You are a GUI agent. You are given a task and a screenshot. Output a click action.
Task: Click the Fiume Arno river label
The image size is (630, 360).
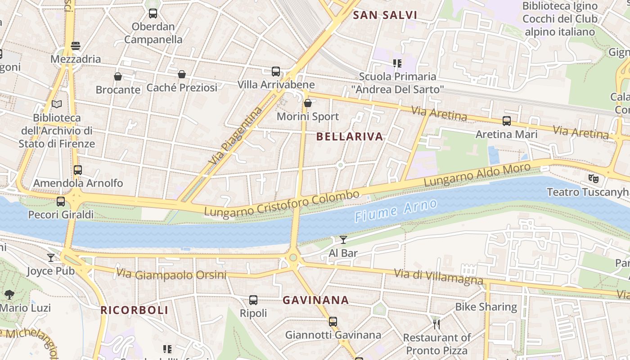(396, 211)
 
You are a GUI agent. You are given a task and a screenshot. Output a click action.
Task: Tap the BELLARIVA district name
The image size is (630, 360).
(350, 137)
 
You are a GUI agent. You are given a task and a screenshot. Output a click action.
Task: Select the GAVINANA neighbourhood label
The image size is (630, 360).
(315, 300)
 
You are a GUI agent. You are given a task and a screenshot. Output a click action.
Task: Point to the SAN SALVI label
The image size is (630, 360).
(385, 15)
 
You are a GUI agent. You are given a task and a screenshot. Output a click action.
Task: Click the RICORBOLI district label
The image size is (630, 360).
(134, 310)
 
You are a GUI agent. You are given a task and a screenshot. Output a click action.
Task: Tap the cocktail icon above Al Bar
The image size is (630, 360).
(343, 240)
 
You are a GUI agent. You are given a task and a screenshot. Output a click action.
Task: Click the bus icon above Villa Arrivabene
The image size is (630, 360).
(276, 71)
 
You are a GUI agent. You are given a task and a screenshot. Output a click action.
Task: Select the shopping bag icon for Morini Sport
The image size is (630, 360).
(308, 103)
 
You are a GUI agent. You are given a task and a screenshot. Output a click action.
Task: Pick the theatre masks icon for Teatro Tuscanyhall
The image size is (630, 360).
(594, 179)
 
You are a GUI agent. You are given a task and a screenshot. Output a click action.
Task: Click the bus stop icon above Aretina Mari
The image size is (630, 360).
(507, 121)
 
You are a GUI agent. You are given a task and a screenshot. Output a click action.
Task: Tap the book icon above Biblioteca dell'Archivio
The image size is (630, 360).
(57, 104)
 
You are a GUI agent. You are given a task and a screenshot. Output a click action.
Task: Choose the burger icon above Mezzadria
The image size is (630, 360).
(76, 45)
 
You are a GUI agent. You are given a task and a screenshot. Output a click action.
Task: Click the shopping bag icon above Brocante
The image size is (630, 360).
(118, 76)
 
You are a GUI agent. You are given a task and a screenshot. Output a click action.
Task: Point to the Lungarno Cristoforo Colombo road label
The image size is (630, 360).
(282, 203)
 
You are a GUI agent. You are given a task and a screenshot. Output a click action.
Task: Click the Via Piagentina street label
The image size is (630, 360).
(235, 136)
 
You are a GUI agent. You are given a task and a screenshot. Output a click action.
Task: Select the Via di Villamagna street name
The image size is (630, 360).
(438, 276)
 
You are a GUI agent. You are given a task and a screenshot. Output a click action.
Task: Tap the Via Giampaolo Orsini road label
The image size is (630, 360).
(171, 274)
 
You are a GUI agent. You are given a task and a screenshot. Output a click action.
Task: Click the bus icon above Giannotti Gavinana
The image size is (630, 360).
(333, 321)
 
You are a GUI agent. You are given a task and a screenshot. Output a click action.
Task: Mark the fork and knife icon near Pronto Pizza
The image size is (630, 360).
(436, 324)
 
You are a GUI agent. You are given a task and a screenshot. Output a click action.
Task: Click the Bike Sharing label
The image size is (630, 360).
(486, 307)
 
